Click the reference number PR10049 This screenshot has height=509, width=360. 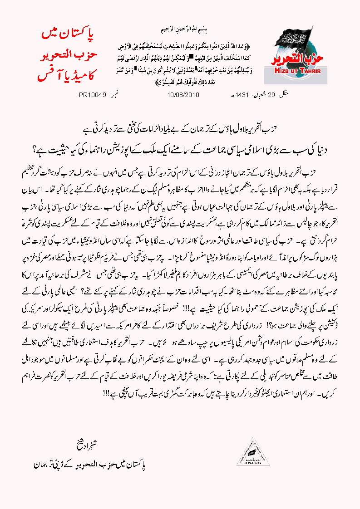[x=92, y=96]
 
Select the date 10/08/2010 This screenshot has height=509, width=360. [x=180, y=96]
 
